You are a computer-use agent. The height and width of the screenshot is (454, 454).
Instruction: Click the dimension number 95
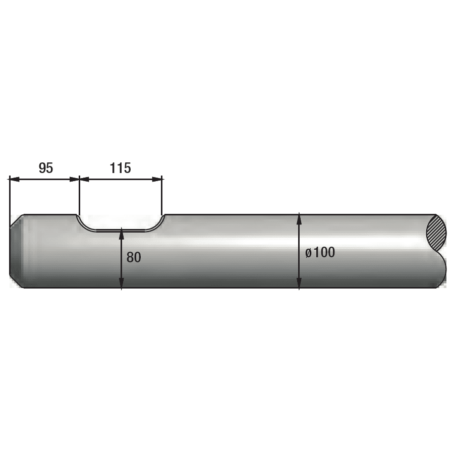(46, 168)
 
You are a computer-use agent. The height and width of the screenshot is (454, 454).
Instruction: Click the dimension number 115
(120, 168)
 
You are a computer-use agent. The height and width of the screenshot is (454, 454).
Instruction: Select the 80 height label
(134, 257)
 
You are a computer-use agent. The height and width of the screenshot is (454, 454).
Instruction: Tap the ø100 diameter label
(320, 253)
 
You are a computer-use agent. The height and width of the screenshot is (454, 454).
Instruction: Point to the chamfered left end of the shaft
(16, 251)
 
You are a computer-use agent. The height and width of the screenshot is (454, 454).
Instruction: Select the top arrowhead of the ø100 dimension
(300, 218)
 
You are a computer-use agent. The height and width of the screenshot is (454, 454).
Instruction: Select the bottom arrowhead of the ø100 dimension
(300, 283)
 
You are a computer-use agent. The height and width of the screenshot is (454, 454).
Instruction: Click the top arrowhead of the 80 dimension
(122, 235)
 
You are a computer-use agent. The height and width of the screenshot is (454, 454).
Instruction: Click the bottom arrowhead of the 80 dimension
(122, 283)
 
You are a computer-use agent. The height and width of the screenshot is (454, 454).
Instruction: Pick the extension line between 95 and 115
(79, 197)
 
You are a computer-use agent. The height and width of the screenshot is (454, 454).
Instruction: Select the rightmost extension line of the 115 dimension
(162, 197)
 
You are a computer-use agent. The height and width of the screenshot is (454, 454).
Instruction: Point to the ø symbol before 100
(308, 253)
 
